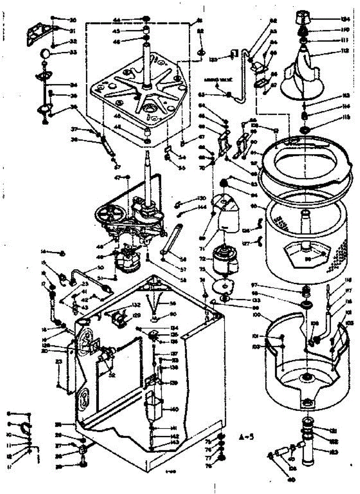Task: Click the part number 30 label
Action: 73,20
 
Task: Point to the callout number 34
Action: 74,86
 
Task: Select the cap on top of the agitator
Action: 304,17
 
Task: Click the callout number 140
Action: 174,409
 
